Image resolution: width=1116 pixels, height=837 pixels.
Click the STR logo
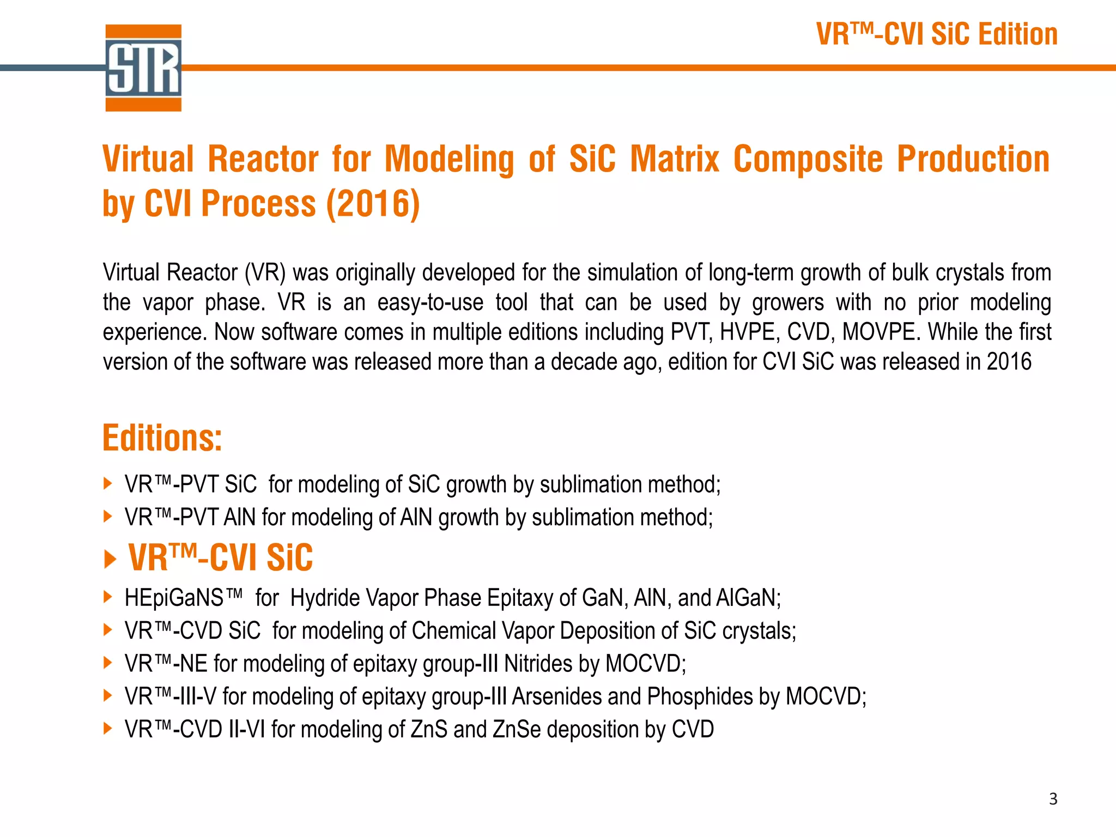coord(143,68)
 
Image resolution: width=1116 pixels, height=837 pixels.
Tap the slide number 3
coord(1053,799)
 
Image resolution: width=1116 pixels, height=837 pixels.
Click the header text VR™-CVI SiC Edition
coord(937,34)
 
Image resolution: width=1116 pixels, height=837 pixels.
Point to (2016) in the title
coord(373,204)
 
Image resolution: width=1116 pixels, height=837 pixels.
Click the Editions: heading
coord(162,438)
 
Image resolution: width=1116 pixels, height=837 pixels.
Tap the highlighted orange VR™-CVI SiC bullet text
coord(220,557)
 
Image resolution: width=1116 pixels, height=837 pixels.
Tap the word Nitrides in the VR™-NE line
coord(538,664)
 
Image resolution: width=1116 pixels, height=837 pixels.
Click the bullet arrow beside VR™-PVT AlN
coord(108,517)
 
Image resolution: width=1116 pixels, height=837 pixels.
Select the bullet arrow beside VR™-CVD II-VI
coord(108,729)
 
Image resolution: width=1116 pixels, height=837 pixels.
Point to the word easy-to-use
coord(430,302)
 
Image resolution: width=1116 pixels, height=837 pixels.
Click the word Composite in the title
coord(808,159)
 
